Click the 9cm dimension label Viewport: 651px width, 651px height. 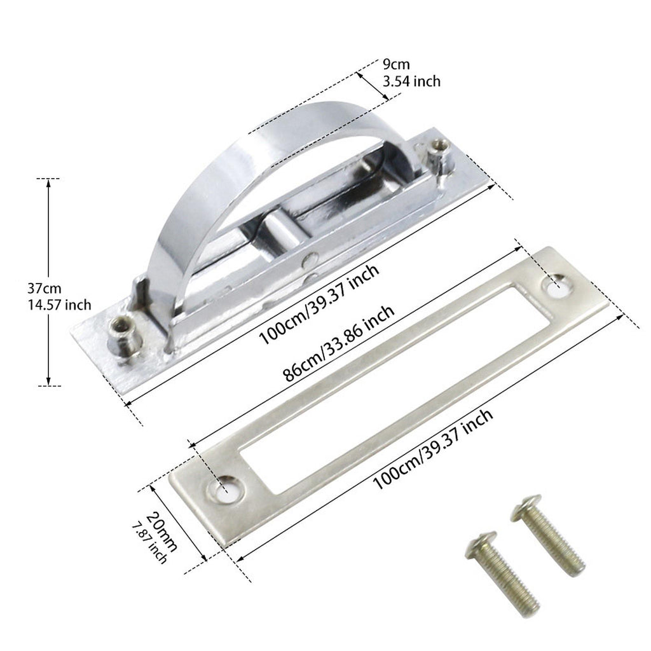pos(396,65)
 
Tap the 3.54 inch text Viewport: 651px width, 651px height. pos(411,81)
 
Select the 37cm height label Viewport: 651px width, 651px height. pos(45,288)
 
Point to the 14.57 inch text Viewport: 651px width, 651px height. pos(59,305)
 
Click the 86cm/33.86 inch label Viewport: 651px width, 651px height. pos(338,343)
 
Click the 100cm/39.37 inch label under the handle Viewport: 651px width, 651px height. pos(319,305)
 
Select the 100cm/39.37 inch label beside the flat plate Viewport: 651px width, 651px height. pos(433,449)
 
